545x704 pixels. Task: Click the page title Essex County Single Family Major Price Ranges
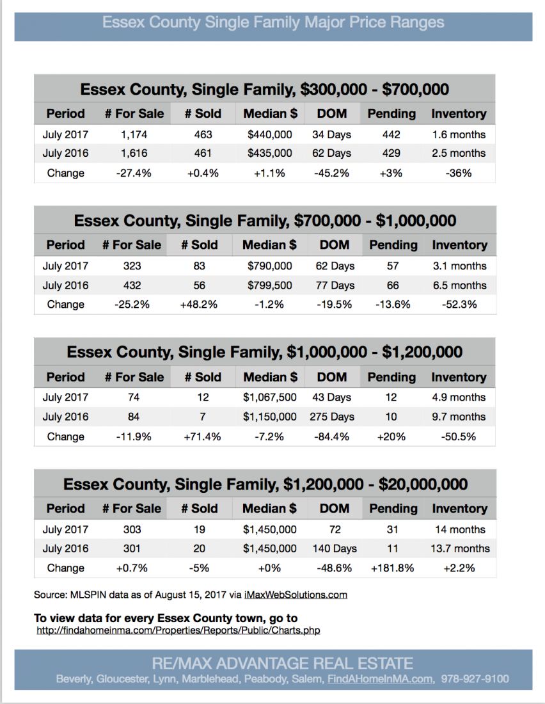273,23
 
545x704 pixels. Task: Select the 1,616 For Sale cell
134,153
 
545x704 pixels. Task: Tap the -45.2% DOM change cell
331,173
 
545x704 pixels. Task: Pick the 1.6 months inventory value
459,134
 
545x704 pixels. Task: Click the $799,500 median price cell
269,285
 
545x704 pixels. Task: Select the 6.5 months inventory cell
459,285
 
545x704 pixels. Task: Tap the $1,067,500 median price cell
269,397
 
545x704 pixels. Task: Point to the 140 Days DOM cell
335,548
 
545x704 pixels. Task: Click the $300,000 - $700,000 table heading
264,89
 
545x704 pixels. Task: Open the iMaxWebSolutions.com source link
296,595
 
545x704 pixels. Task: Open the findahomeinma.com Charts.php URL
178,630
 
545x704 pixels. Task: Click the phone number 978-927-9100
475,679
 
